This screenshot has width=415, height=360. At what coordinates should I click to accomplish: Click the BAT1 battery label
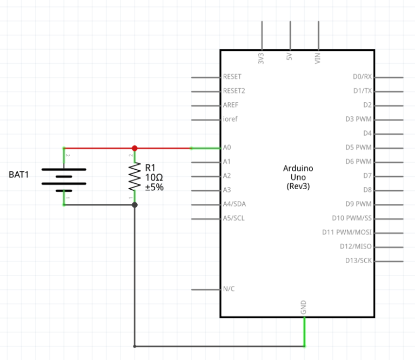pos(19,175)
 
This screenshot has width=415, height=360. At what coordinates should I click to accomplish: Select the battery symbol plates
pos(64,176)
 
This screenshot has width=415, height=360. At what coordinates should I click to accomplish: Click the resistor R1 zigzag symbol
pos(135,177)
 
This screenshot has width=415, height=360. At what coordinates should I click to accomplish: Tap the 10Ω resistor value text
pos(153,177)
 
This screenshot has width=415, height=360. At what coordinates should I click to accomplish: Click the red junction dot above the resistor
pos(135,148)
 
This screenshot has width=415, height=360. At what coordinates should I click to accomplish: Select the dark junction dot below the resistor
pos(135,205)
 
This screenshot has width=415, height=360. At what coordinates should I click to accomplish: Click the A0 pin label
pos(227,148)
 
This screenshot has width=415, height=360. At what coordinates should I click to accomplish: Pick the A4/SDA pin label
pos(234,204)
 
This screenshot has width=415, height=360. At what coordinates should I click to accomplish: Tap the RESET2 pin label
pos(233,91)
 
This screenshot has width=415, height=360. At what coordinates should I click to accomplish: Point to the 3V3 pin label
pos(262,59)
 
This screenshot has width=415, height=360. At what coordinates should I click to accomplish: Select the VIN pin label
pos(318,59)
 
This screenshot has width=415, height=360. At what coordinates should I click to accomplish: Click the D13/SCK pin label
pos(358,261)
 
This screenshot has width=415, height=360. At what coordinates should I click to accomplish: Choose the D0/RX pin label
pos(362,77)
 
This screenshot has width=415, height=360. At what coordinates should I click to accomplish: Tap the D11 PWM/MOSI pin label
pos(347,232)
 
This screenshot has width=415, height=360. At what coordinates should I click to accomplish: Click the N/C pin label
pos(229,289)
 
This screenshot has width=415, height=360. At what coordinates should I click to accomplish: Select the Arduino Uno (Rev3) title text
pos(298,177)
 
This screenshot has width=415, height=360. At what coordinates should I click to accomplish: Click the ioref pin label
pos(230,119)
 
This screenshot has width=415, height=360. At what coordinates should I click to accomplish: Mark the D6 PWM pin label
pos(358,162)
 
